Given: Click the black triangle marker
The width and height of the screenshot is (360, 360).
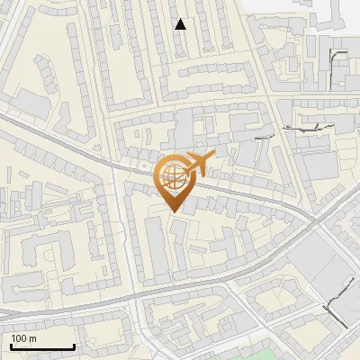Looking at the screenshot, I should coord(181,24).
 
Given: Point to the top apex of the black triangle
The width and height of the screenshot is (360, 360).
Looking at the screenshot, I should coord(181,19).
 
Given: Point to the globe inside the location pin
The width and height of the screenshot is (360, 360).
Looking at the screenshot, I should coord(174,175).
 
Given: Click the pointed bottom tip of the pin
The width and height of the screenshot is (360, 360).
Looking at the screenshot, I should coord(174,212).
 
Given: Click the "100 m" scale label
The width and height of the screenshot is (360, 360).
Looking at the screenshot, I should coord(24,338).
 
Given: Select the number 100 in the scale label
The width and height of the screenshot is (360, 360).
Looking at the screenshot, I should coord(20,338).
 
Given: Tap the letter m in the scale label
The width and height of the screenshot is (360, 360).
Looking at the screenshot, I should coord(32,338).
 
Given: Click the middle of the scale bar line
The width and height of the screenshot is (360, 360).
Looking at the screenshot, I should coord(42,347).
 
